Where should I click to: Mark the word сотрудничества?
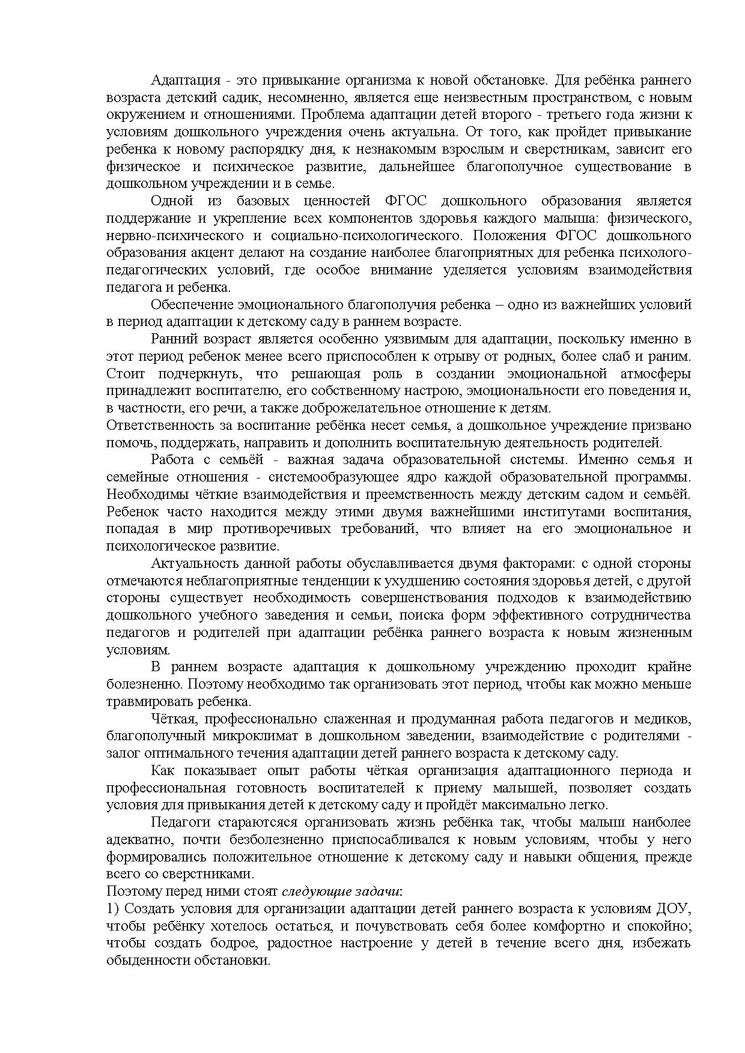pos(642,615)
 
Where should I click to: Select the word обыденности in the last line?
pos(148,960)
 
